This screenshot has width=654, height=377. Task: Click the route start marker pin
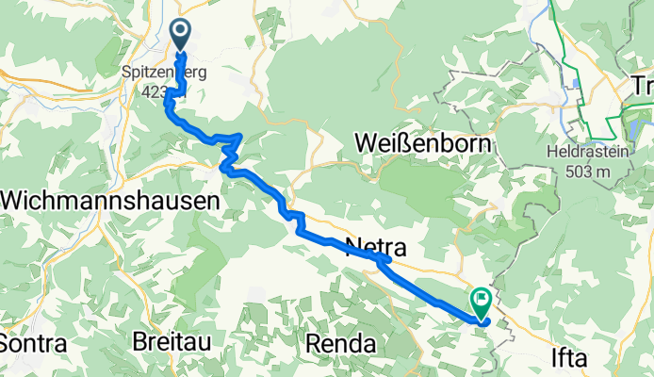pyautogui.click(x=180, y=36)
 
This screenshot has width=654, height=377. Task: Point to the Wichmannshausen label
pyautogui.click(x=111, y=201)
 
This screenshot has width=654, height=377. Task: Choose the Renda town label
pyautogui.click(x=343, y=341)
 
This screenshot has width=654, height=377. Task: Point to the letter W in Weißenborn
pyautogui.click(x=368, y=143)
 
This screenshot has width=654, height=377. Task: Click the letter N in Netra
pyautogui.click(x=353, y=250)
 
